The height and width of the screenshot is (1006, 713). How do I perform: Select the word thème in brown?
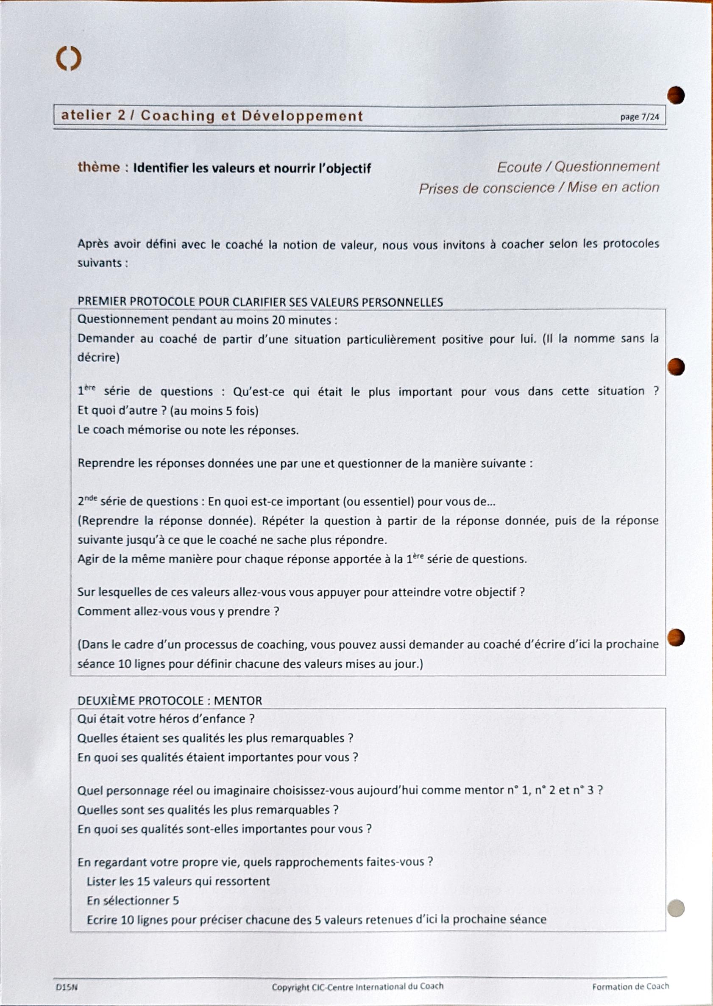(x=98, y=167)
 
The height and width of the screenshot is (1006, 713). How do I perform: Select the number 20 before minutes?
(x=279, y=320)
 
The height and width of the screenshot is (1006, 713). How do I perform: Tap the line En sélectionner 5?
(x=133, y=900)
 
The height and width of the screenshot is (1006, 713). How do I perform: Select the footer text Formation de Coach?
(x=630, y=987)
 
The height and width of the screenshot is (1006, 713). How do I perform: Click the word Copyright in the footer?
(x=290, y=987)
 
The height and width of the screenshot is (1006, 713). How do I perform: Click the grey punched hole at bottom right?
(x=676, y=908)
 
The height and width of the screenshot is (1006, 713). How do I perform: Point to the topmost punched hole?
(x=676, y=95)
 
